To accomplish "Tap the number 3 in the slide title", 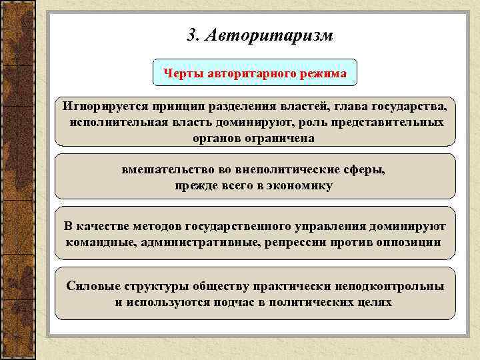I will (x=193, y=35).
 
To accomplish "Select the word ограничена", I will (x=276, y=139).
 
